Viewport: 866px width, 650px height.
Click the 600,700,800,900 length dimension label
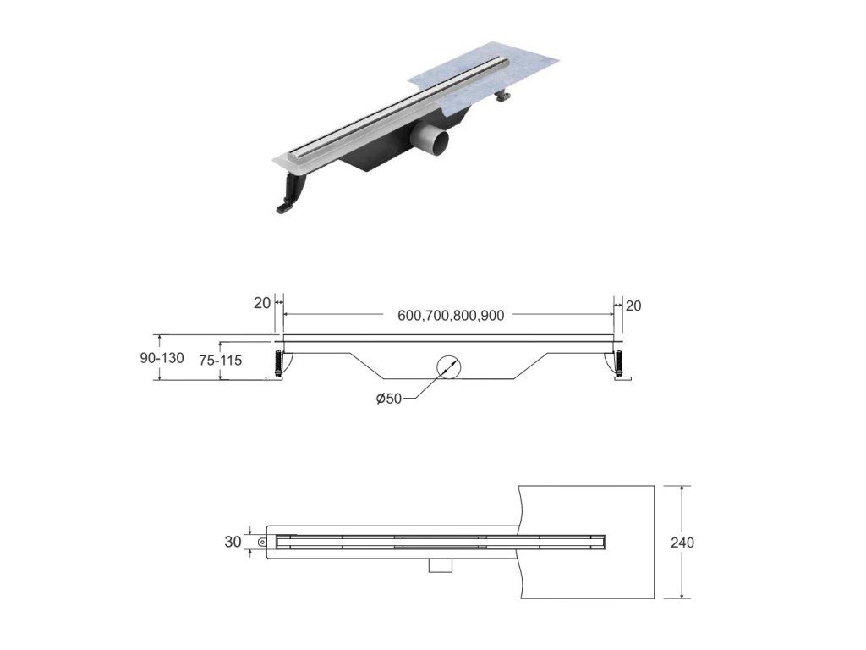(x=451, y=316)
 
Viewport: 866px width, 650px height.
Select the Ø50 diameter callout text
(x=389, y=399)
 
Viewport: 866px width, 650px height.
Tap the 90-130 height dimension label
(x=162, y=358)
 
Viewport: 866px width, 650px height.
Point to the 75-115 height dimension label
(x=221, y=361)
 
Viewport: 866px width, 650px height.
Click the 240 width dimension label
(x=682, y=543)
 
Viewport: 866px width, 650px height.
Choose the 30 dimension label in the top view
(x=233, y=543)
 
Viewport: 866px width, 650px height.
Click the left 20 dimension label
(x=262, y=303)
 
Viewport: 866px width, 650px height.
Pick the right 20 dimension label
(x=633, y=306)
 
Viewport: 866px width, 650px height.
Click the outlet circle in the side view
(x=448, y=366)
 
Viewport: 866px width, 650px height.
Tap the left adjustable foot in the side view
(x=276, y=366)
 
